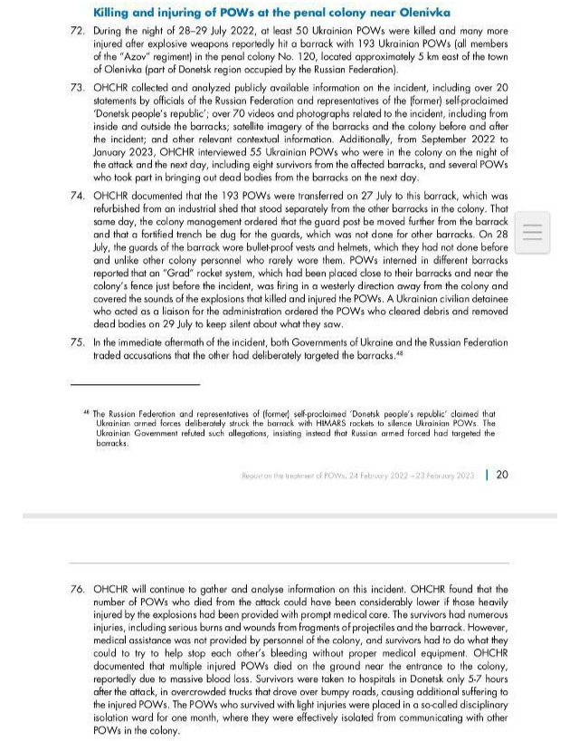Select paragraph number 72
pyautogui.click(x=77, y=31)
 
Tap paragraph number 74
pyautogui.click(x=77, y=195)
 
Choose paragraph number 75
pyautogui.click(x=77, y=342)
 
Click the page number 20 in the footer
pyautogui.click(x=502, y=474)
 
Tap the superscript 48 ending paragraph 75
pyautogui.click(x=399, y=352)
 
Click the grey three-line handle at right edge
pyautogui.click(x=533, y=233)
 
